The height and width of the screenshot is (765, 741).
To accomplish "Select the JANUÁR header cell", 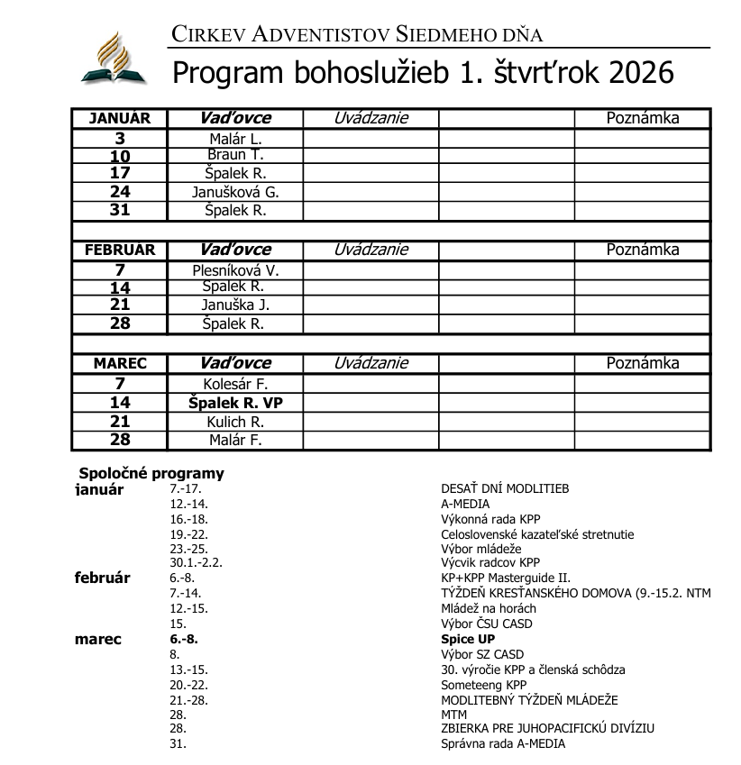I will point(119,118).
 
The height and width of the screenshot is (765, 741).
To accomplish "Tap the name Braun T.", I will point(234,154).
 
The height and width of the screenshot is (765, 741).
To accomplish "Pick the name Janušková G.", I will point(235,192).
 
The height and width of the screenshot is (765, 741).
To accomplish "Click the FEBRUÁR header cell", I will point(119,250).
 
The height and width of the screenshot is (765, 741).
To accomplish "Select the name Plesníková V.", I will point(235,269).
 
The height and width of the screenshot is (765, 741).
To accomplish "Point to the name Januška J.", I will point(234,305).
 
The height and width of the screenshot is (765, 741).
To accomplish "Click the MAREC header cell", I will point(119,363).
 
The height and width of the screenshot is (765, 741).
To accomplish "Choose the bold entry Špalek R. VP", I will point(235,403).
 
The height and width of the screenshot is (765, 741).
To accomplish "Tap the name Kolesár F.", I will point(235,384).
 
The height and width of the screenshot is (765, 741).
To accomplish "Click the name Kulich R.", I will point(234,422).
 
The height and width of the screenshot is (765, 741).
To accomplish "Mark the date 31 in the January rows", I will point(119,210).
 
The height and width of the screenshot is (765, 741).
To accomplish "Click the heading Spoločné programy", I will point(151,473).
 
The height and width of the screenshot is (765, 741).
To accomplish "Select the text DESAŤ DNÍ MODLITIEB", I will point(504,489).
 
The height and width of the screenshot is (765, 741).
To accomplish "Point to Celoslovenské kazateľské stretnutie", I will point(536,534).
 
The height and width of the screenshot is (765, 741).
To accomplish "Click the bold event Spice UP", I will point(468,639).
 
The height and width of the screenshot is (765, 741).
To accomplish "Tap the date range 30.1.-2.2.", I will point(196,563).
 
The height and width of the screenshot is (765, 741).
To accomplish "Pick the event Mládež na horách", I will point(488,608).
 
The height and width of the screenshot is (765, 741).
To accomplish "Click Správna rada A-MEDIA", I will point(502,743).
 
